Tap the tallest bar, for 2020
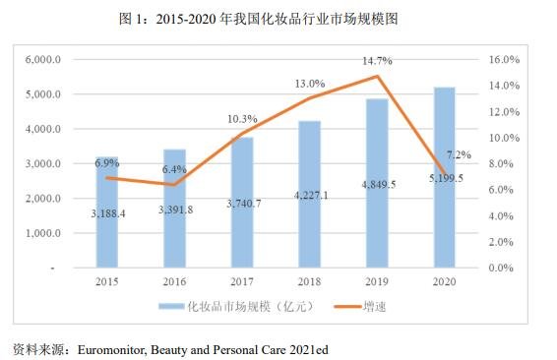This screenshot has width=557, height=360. coord(444,177)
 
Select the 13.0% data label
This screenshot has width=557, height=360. coord(310,84)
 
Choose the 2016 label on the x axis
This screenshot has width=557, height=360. coord(175,281)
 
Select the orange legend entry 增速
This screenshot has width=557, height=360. coord(366,307)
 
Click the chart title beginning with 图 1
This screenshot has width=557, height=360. coord(278,19)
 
